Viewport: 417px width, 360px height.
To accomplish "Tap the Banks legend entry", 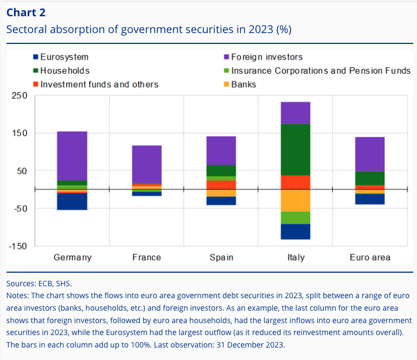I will (x=243, y=84).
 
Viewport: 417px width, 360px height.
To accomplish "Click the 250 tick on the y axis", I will (x=20, y=96).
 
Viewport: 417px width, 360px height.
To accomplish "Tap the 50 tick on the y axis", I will (x=22, y=171).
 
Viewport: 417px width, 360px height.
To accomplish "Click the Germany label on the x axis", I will (x=72, y=257).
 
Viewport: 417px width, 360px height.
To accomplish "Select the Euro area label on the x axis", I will (x=370, y=257).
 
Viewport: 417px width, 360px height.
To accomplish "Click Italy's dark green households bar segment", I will (x=296, y=149).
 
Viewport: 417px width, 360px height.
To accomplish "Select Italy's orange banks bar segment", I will (x=296, y=200).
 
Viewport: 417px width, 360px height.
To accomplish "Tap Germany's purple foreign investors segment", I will (x=72, y=156).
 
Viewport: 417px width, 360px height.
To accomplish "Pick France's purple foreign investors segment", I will (x=146, y=164).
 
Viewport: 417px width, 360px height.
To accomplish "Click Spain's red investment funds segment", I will (x=221, y=185).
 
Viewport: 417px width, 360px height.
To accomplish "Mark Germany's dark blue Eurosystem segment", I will (x=72, y=201).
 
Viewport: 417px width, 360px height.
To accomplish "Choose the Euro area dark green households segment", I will (x=370, y=178).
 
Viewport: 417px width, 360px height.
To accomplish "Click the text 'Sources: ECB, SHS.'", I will (x=39, y=283).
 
